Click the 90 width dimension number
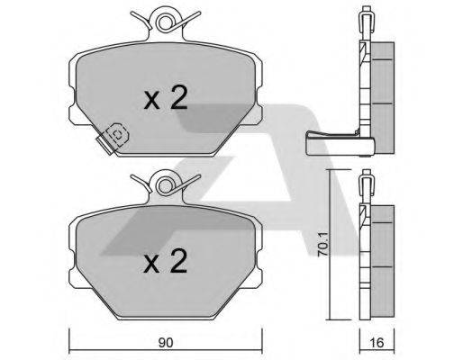pos(164,343)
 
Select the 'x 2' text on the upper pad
pos(165,99)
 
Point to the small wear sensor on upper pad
pos(116,134)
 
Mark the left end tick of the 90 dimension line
pos(71,343)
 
